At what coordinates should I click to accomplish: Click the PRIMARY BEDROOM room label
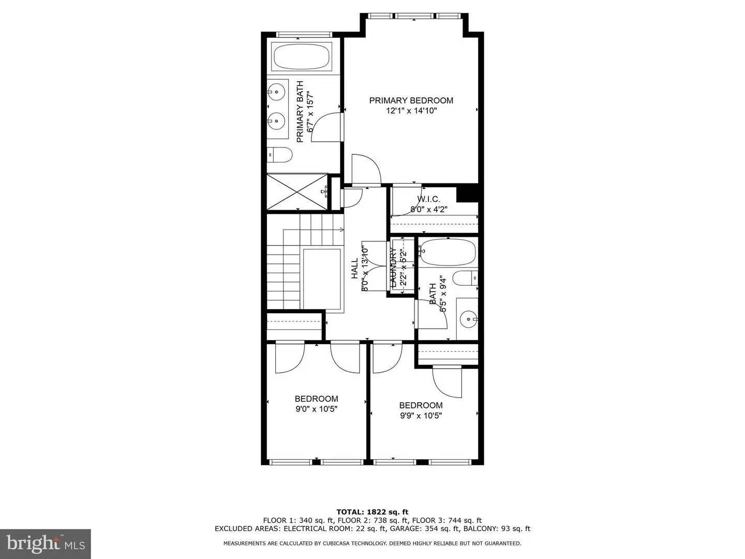pyautogui.click(x=411, y=100)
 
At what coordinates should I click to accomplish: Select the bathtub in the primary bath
pyautogui.click(x=302, y=57)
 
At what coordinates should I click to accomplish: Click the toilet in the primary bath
pyautogui.click(x=279, y=154)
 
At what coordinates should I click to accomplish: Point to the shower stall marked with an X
pyautogui.click(x=297, y=192)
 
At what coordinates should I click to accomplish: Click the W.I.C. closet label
pyautogui.click(x=428, y=199)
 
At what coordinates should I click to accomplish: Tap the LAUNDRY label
pyautogui.click(x=393, y=267)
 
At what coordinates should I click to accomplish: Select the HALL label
pyautogui.click(x=355, y=269)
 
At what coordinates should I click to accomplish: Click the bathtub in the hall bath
pyautogui.click(x=448, y=252)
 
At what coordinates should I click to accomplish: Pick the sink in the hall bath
pyautogui.click(x=469, y=319)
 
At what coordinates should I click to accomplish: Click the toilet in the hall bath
pyautogui.click(x=466, y=278)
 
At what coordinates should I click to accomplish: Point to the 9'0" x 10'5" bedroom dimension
pyautogui.click(x=316, y=408)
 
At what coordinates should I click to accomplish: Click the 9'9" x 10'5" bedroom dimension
pyautogui.click(x=421, y=415)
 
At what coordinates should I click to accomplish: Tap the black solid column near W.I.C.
pyautogui.click(x=468, y=194)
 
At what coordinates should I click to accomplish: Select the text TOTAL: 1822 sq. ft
pyautogui.click(x=372, y=512)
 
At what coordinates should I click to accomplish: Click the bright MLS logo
pyautogui.click(x=46, y=543)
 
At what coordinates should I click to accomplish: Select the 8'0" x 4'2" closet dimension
pyautogui.click(x=428, y=209)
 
